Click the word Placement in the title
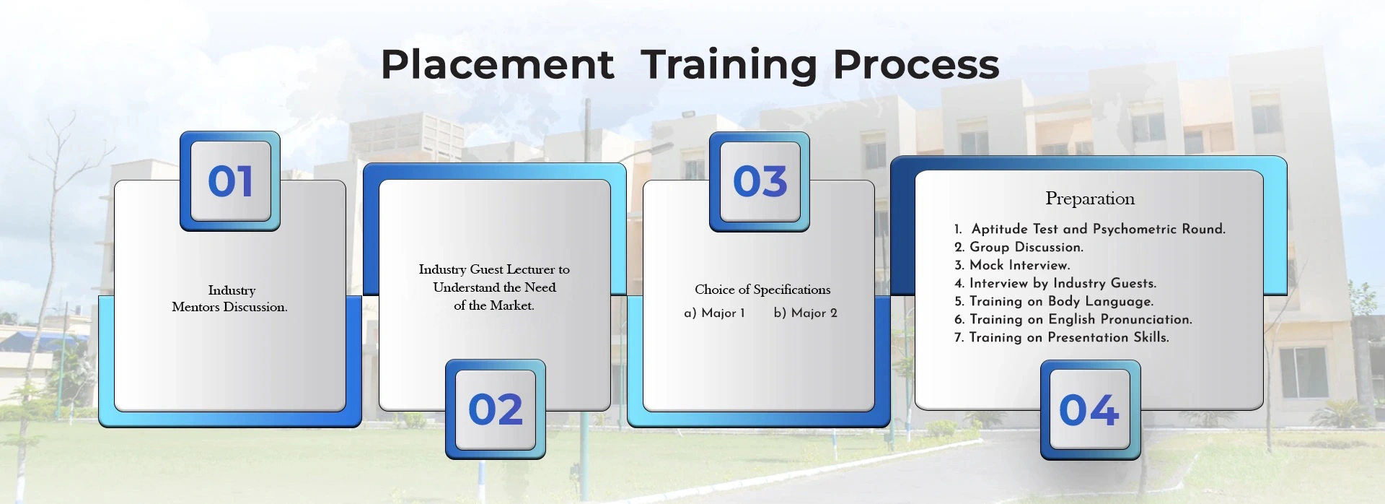(x=497, y=64)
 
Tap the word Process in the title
(x=916, y=64)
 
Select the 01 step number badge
(x=230, y=181)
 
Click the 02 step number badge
(x=496, y=409)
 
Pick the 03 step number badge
(x=760, y=181)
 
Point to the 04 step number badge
(x=1090, y=409)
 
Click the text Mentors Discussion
(x=229, y=307)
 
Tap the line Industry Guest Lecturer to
(x=494, y=269)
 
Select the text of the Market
(x=494, y=305)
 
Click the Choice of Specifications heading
(x=762, y=290)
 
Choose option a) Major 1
(x=714, y=313)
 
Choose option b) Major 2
(x=805, y=313)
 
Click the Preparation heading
(x=1090, y=199)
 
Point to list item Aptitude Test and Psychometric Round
(x=1089, y=229)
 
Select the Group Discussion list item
(x=1019, y=247)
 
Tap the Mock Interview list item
(x=1012, y=265)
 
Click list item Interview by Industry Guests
(x=1055, y=283)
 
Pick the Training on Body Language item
(x=1054, y=301)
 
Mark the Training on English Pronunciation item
(x=1073, y=319)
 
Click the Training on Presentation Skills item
(x=1061, y=337)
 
